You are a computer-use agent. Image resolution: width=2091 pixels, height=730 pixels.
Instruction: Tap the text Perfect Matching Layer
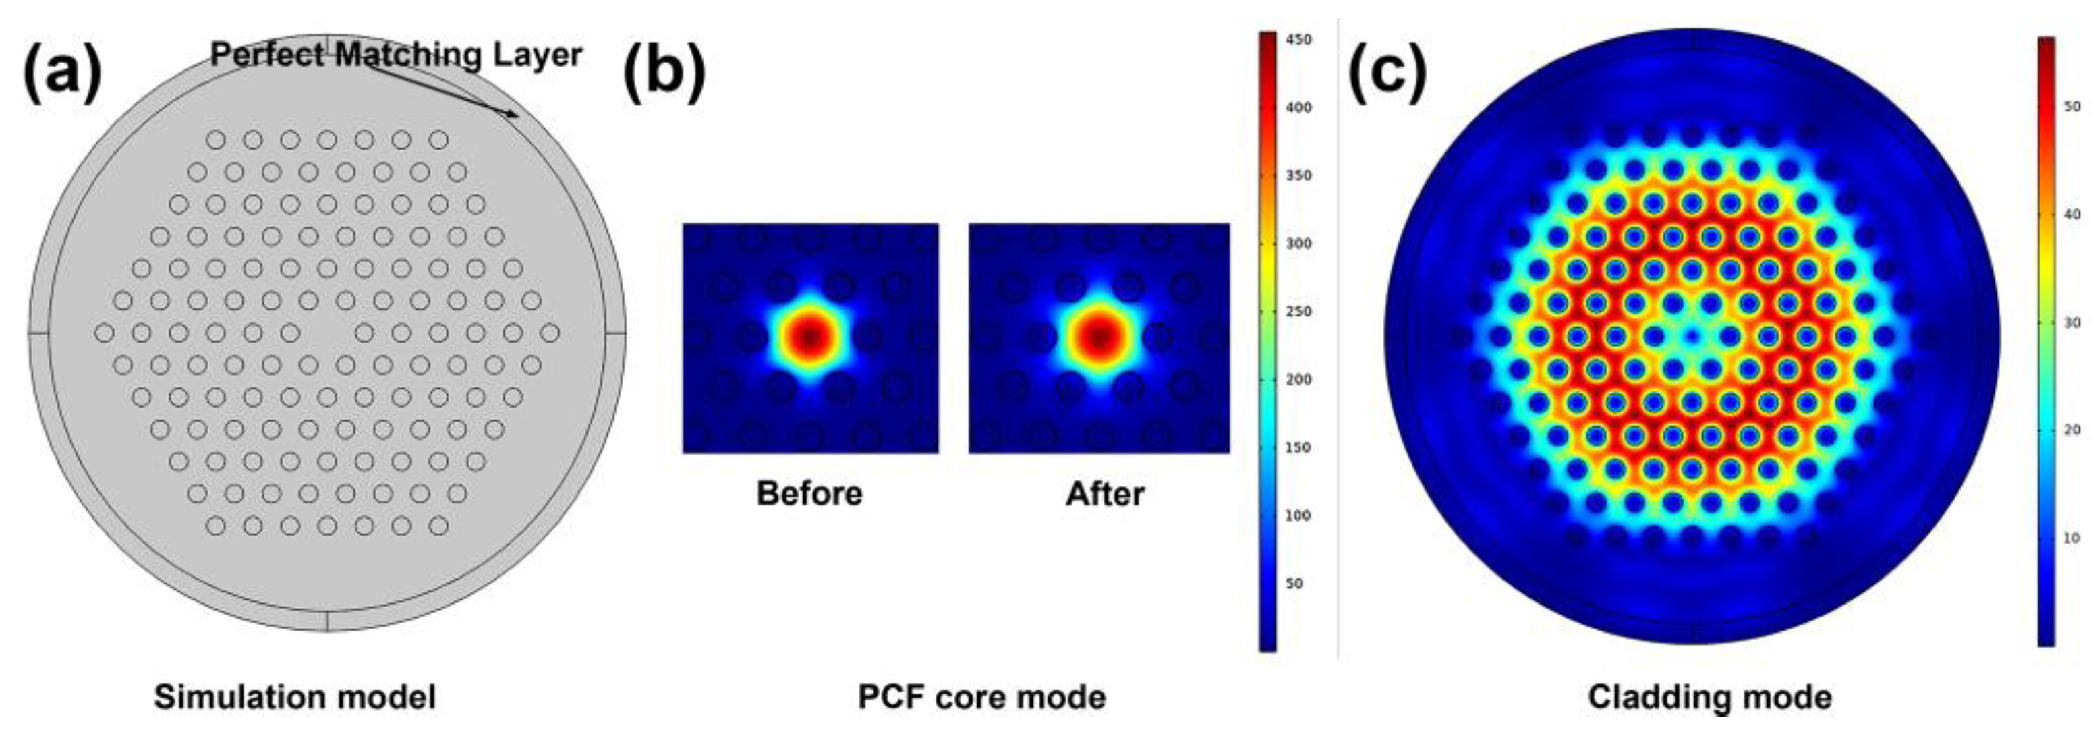tap(396, 55)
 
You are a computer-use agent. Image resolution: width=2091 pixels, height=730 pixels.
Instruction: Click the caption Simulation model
tap(295, 697)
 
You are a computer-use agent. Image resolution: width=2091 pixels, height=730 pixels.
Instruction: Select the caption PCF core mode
tap(981, 697)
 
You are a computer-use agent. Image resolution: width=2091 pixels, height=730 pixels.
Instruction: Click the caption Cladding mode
tap(1709, 697)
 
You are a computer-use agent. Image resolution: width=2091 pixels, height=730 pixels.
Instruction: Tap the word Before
tap(809, 493)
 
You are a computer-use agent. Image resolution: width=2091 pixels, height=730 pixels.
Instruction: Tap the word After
tap(1105, 493)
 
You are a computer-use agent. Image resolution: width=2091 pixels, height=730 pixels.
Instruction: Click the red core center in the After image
tap(1098, 335)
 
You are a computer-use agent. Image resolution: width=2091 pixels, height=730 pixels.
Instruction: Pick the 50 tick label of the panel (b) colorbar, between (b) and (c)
tap(1294, 583)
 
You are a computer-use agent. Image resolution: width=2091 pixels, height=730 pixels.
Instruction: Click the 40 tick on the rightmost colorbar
tap(2071, 215)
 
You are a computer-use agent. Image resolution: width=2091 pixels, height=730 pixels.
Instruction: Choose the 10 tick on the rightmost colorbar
tap(2071, 538)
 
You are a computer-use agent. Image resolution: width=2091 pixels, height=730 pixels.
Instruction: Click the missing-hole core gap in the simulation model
tap(327, 333)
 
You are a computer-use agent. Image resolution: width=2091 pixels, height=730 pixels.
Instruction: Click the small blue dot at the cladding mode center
tap(1692, 335)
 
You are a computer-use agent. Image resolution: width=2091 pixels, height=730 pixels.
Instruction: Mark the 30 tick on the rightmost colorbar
tap(2071, 322)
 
